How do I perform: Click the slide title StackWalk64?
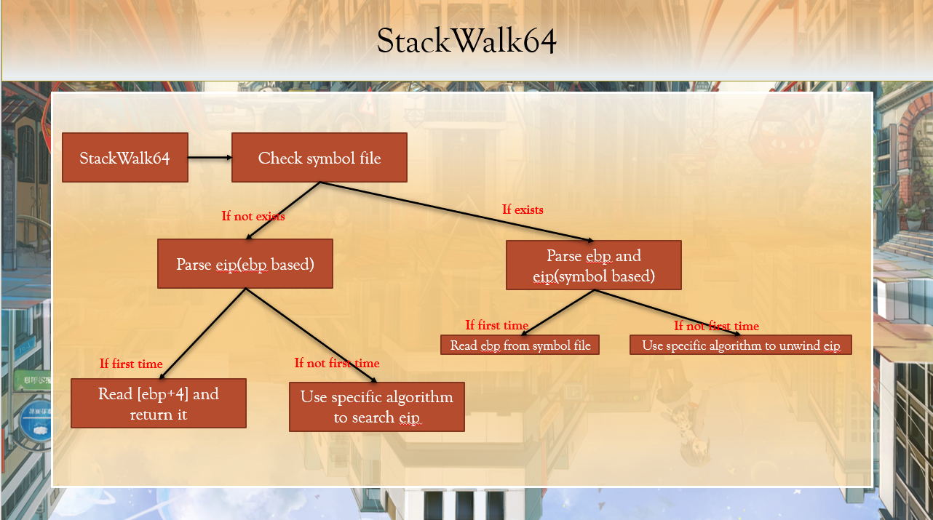[x=467, y=42]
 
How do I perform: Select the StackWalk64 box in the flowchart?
[x=125, y=158]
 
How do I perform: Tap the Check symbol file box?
[x=319, y=158]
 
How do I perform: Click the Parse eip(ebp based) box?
[x=245, y=264]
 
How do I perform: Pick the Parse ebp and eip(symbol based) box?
[x=593, y=265]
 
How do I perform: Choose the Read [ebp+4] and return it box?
[x=159, y=404]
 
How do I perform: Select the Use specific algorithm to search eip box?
[x=376, y=407]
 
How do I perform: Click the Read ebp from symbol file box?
[x=520, y=345]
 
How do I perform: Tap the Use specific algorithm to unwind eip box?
[x=740, y=345]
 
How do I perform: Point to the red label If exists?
[x=523, y=209]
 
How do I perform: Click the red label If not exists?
[x=253, y=216]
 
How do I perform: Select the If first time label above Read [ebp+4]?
[x=131, y=364]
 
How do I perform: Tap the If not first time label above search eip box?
[x=336, y=363]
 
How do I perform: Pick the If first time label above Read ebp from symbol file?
[x=497, y=325]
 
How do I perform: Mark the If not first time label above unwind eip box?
[x=716, y=326]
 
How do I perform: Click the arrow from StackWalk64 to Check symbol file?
[x=210, y=157]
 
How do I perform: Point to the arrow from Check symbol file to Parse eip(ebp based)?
[x=284, y=210]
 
